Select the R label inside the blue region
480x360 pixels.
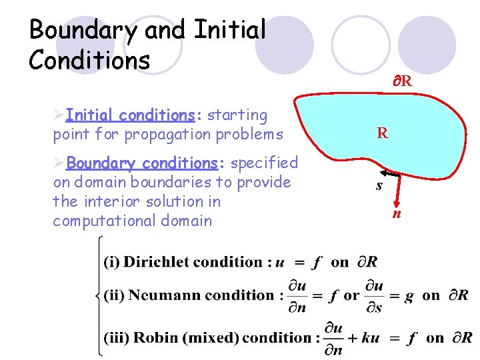click(382, 133)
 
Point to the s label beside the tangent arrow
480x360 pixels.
click(379, 186)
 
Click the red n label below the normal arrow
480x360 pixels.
click(397, 214)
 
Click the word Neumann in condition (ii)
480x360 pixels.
click(163, 295)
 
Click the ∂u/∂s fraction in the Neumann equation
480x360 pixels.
click(375, 295)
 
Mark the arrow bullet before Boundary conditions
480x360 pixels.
click(59, 163)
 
